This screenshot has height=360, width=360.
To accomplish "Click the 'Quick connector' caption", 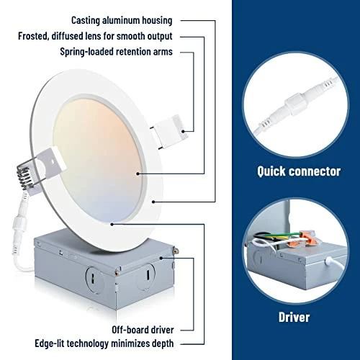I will [299, 171].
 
